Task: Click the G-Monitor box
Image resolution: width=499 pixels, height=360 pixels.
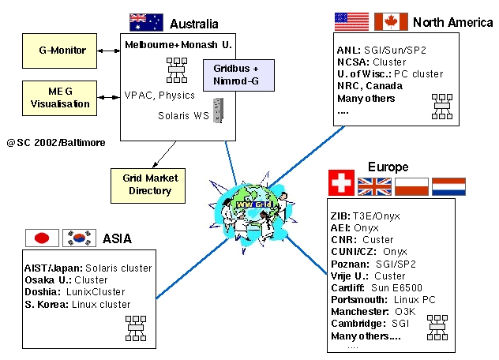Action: pos(62,51)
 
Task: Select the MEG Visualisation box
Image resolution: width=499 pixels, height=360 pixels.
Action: pos(62,96)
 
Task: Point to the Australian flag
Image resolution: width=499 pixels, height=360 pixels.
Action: pos(145,22)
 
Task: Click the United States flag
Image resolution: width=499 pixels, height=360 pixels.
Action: pos(351,21)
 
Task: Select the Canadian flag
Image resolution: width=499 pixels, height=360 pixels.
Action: pos(390,21)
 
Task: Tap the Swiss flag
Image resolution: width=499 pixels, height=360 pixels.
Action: pos(340,186)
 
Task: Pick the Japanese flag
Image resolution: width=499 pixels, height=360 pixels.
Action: pos(43,238)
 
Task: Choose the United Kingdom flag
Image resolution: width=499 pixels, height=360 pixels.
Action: pos(374,186)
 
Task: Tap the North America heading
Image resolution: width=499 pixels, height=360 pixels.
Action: pos(452,22)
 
